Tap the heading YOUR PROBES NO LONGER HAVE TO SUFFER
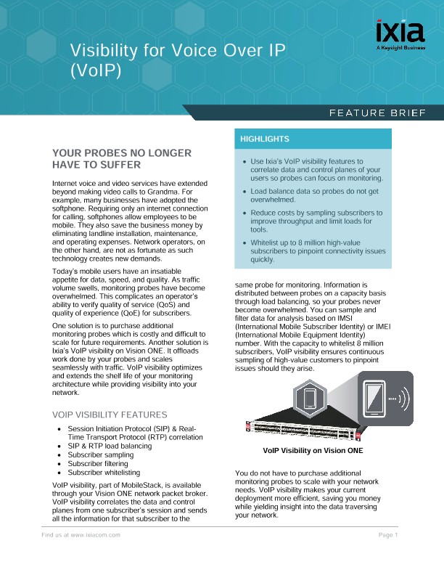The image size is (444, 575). [122, 158]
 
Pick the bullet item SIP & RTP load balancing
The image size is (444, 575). [110, 446]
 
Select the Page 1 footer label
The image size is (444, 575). [389, 535]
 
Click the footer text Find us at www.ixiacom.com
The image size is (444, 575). [80, 535]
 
